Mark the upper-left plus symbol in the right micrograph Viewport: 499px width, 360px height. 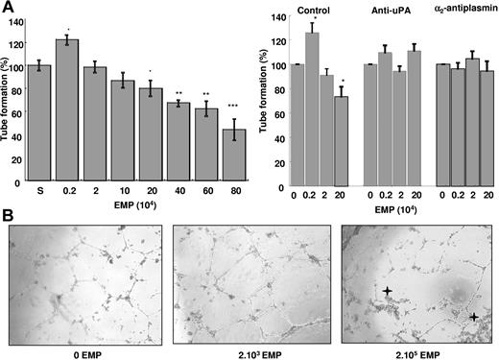(x=387, y=290)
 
